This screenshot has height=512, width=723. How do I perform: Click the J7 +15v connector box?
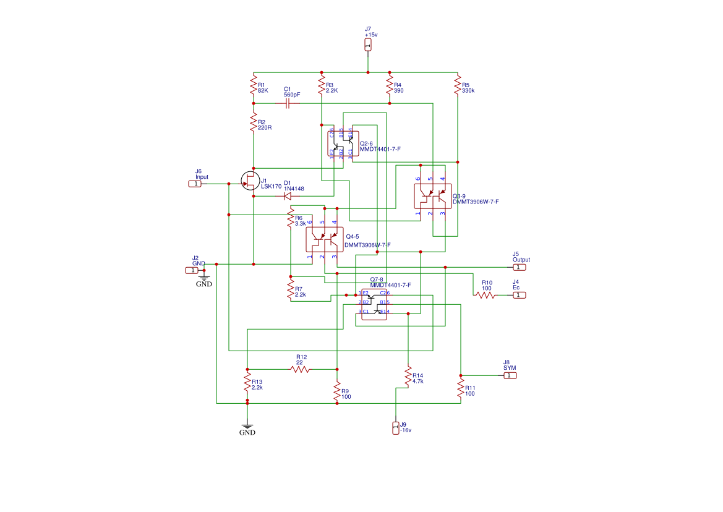click(x=368, y=45)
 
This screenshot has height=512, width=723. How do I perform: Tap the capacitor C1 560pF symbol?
click(x=288, y=104)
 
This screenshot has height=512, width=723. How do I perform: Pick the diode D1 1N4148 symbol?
click(x=287, y=196)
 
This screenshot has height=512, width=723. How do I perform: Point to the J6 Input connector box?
click(x=194, y=184)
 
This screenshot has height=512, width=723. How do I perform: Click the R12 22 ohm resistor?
click(x=301, y=369)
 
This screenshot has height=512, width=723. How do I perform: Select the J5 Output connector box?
click(x=520, y=267)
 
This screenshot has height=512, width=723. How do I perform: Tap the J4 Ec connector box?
click(x=520, y=295)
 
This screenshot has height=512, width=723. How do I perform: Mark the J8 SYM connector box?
click(x=508, y=375)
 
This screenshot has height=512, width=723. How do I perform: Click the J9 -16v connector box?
click(x=396, y=428)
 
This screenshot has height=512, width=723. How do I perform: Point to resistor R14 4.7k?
click(x=408, y=377)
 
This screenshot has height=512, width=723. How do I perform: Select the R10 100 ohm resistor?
click(x=486, y=295)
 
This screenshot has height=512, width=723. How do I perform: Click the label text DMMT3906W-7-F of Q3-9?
click(x=476, y=202)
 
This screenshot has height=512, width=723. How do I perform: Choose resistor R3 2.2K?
click(x=322, y=85)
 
